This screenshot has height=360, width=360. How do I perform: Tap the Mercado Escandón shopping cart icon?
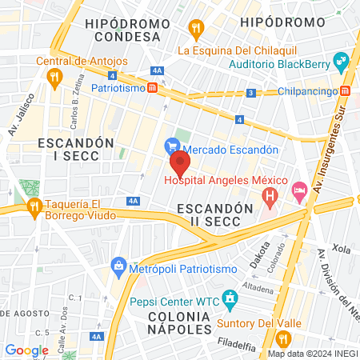tap(171, 146)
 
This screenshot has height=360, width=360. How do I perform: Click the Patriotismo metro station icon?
tap(152, 88)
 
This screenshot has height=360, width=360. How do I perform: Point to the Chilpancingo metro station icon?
tap(345, 90)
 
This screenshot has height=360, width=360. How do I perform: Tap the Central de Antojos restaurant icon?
tap(54, 78)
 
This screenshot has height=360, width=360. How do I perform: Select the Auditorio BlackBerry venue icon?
tap(342, 61)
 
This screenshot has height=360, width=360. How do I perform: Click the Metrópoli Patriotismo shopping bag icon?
tap(118, 265)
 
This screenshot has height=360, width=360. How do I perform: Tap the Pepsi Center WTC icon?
tap(231, 301)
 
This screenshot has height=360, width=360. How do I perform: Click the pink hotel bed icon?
tap(299, 190)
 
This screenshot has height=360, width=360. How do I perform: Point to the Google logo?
tap(26, 350)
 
